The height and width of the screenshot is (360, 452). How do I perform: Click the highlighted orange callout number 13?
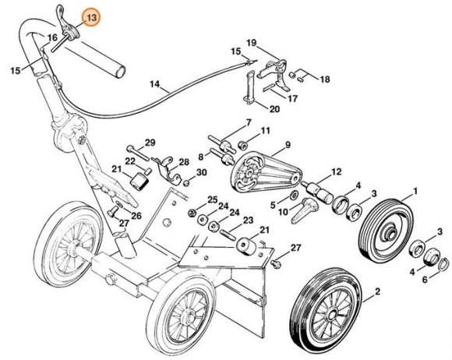point(92,16)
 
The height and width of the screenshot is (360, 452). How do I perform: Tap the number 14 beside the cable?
point(154,83)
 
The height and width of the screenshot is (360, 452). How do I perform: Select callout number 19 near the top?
point(252,41)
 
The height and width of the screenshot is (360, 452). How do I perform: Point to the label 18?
point(324,79)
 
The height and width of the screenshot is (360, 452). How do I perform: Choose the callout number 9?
point(287,145)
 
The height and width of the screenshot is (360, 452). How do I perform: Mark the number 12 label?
point(337,171)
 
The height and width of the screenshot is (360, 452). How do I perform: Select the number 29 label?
point(150,141)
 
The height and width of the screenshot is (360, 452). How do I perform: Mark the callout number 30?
point(201,172)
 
